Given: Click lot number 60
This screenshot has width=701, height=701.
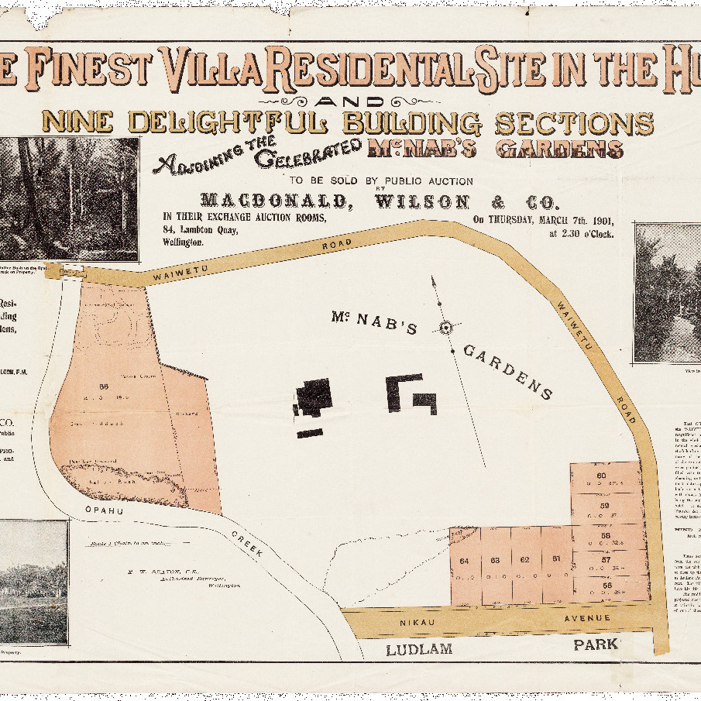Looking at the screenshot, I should click(600, 476).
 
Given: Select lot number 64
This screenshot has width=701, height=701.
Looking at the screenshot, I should click(464, 560).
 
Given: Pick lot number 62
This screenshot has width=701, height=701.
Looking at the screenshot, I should click(524, 559).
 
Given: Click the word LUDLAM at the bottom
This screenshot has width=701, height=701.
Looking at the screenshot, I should click(418, 649).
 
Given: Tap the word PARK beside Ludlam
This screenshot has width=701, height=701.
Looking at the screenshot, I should click(595, 644).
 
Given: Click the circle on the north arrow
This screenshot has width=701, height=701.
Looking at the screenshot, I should click(445, 328).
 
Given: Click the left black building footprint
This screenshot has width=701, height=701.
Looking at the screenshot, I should click(314, 398).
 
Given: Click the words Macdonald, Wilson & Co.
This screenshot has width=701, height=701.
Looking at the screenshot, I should click(378, 202).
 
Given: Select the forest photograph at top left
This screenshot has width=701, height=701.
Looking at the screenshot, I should click(69, 198).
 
